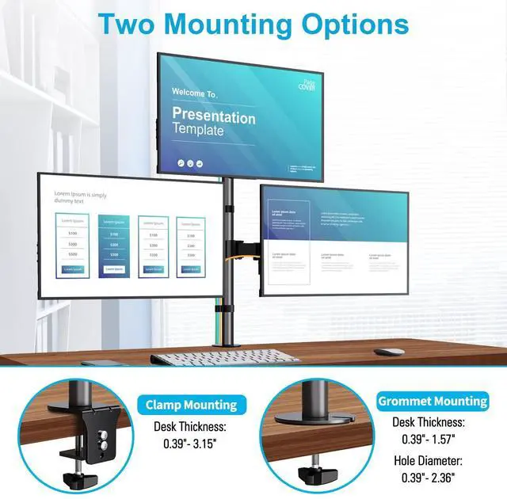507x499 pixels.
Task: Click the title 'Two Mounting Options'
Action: point(253,23)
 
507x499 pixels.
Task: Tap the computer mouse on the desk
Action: point(389,352)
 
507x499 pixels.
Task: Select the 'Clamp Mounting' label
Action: point(191,405)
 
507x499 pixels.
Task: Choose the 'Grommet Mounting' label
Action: point(433,401)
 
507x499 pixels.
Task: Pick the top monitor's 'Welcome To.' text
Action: point(195,93)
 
